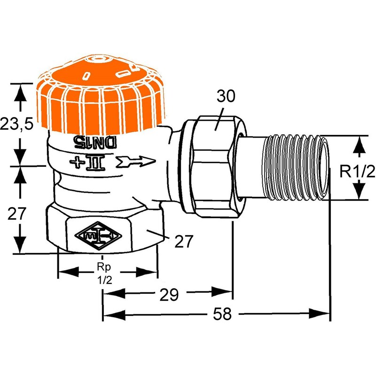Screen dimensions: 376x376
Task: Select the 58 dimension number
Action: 222,314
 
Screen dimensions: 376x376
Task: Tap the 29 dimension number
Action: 169,295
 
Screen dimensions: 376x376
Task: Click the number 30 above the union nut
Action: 226,96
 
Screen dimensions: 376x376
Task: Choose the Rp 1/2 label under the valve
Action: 104,273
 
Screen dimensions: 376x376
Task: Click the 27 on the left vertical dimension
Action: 17,214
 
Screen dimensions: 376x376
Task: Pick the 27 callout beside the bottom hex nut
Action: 184,241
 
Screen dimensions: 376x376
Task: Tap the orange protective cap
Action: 101,96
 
